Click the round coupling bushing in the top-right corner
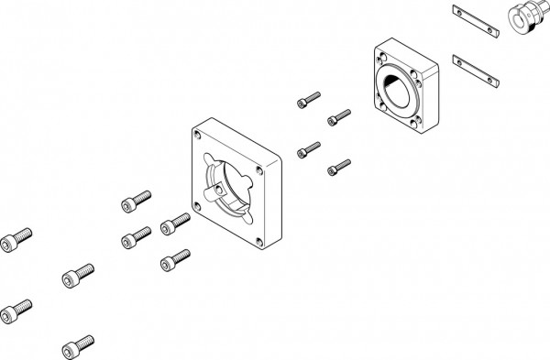[522, 16]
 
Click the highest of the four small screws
[309, 96]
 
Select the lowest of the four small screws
[338, 167]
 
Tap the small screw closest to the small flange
[338, 117]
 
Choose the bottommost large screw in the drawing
[76, 346]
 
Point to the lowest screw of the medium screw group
[173, 260]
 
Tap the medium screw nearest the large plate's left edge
[173, 223]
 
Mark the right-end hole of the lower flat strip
[497, 82]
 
